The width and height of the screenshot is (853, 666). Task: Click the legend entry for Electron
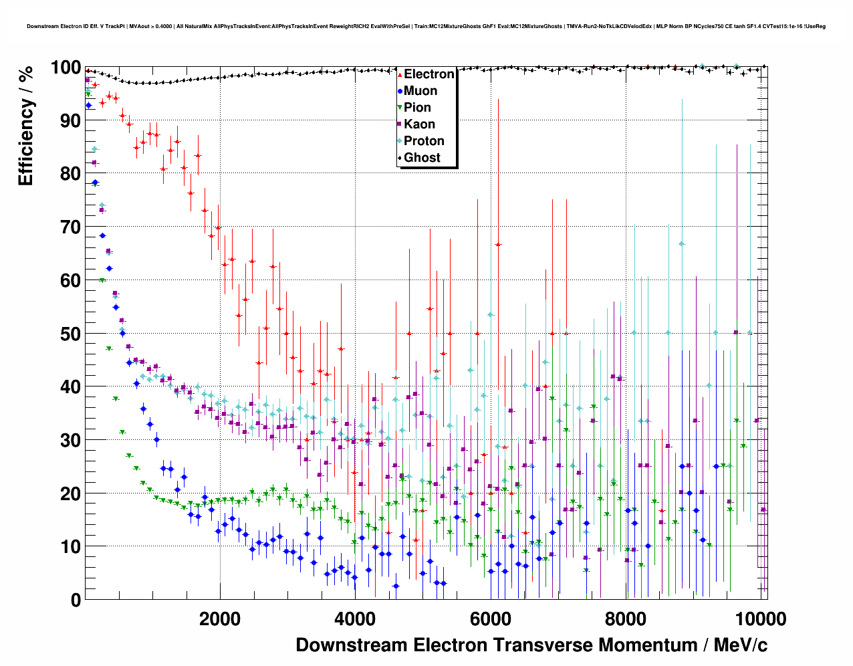click(429, 74)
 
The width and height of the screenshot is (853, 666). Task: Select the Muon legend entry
click(420, 91)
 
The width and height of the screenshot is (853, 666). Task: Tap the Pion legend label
click(417, 108)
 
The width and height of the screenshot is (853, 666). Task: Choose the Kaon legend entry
click(419, 124)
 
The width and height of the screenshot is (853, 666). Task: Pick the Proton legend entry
click(424, 141)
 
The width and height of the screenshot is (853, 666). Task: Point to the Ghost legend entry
click(422, 158)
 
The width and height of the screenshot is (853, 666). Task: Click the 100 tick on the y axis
click(66, 68)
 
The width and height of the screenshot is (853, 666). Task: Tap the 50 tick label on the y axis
click(71, 334)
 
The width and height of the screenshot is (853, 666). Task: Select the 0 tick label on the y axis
click(76, 600)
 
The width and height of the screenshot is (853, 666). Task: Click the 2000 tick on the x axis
click(219, 619)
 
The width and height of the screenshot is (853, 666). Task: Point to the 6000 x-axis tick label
click(490, 619)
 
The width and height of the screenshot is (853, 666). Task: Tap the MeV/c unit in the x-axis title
click(740, 645)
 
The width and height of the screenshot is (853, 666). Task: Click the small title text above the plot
click(426, 27)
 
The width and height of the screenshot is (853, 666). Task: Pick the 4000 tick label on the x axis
click(355, 619)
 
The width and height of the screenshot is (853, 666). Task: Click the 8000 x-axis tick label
click(626, 619)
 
